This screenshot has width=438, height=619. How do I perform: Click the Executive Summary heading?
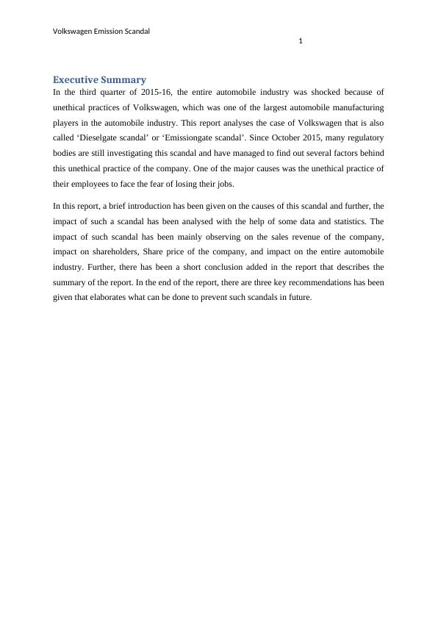[x=99, y=79]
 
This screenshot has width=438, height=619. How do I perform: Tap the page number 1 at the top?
[x=301, y=41]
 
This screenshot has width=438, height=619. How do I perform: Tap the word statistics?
[x=345, y=221]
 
